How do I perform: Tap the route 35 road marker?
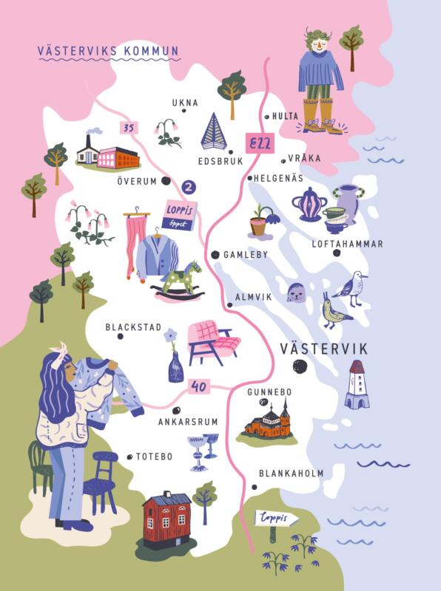click(129, 128)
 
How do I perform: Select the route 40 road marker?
click(197, 386)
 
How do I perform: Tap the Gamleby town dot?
click(215, 255)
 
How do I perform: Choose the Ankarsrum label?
click(188, 422)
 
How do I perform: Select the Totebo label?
click(154, 457)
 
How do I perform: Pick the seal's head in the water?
click(298, 294)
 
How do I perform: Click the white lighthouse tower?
click(357, 384)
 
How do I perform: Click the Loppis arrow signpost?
click(277, 519)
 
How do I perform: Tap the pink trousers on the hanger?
click(135, 244)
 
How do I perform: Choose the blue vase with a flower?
click(175, 362)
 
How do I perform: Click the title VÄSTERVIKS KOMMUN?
click(108, 52)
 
